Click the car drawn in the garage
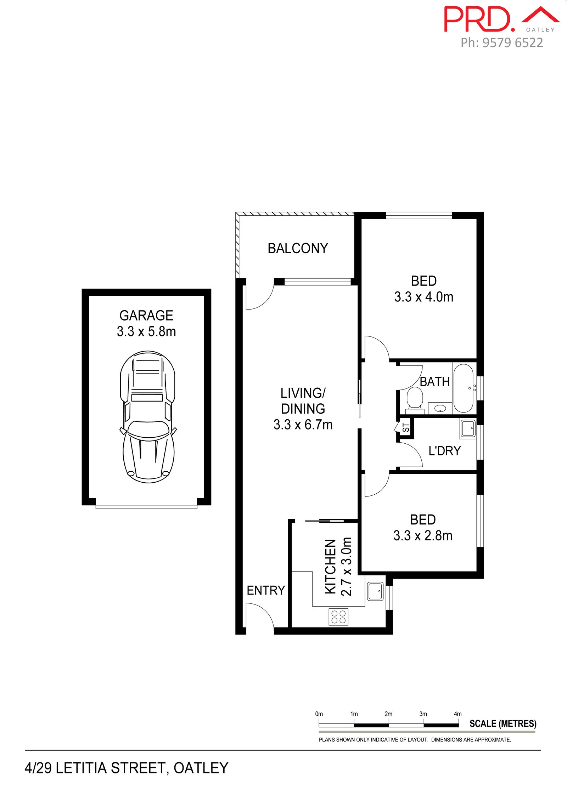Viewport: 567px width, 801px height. click(148, 417)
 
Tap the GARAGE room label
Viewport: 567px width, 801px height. click(146, 315)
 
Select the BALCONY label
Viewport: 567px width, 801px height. click(298, 248)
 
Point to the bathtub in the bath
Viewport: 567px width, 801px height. click(464, 388)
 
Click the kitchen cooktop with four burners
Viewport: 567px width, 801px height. click(338, 617)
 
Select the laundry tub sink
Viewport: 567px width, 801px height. click(468, 428)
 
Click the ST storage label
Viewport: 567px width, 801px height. click(406, 428)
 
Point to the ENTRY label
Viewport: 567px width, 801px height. click(266, 590)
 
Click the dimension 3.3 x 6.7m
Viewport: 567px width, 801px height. click(303, 424)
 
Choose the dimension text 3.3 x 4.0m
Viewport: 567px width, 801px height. click(424, 297)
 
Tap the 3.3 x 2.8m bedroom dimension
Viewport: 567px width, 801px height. click(423, 535)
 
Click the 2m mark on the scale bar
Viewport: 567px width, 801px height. click(389, 714)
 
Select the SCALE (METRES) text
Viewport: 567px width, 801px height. click(503, 723)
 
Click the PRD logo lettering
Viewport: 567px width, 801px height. click(479, 19)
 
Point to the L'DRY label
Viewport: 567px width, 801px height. click(444, 451)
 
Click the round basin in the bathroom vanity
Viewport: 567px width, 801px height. click(440, 409)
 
